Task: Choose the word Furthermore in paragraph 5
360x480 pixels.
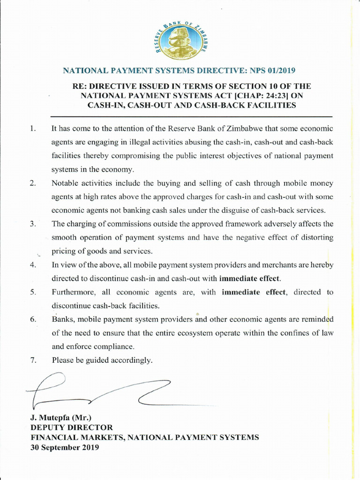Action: click(x=74, y=292)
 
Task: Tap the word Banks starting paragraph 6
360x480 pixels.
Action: click(x=62, y=320)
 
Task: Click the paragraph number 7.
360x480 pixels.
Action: click(x=33, y=360)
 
